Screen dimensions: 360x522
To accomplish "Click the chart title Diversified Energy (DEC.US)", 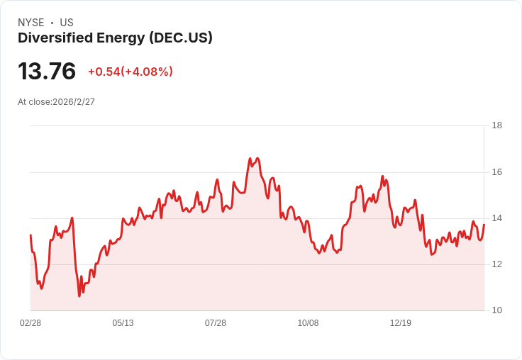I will [115, 38].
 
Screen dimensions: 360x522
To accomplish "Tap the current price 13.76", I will [47, 72].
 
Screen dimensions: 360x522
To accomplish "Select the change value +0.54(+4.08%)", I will [130, 72].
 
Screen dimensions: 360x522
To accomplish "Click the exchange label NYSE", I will [31, 23].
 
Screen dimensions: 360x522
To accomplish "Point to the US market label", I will [67, 23].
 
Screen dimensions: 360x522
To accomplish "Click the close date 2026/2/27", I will [74, 102].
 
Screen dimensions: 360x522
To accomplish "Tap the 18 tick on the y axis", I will [497, 125].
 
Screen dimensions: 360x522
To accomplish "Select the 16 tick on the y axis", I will [497, 172].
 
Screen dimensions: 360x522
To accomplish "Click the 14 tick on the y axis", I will [497, 218].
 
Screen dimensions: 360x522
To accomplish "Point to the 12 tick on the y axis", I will [497, 264].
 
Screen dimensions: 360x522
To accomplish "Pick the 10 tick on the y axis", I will [497, 310].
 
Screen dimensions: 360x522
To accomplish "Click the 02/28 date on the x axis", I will [30, 323].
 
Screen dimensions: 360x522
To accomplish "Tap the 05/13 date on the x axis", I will [123, 323].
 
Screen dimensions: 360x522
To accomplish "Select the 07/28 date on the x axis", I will [216, 323].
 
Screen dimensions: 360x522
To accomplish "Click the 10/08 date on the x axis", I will [308, 323].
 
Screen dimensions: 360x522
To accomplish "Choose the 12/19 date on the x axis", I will [401, 323].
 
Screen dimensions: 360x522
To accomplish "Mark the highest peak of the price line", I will [250, 158].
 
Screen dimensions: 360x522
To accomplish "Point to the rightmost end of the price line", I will [484, 225].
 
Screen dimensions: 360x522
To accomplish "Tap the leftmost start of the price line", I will [30, 235].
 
